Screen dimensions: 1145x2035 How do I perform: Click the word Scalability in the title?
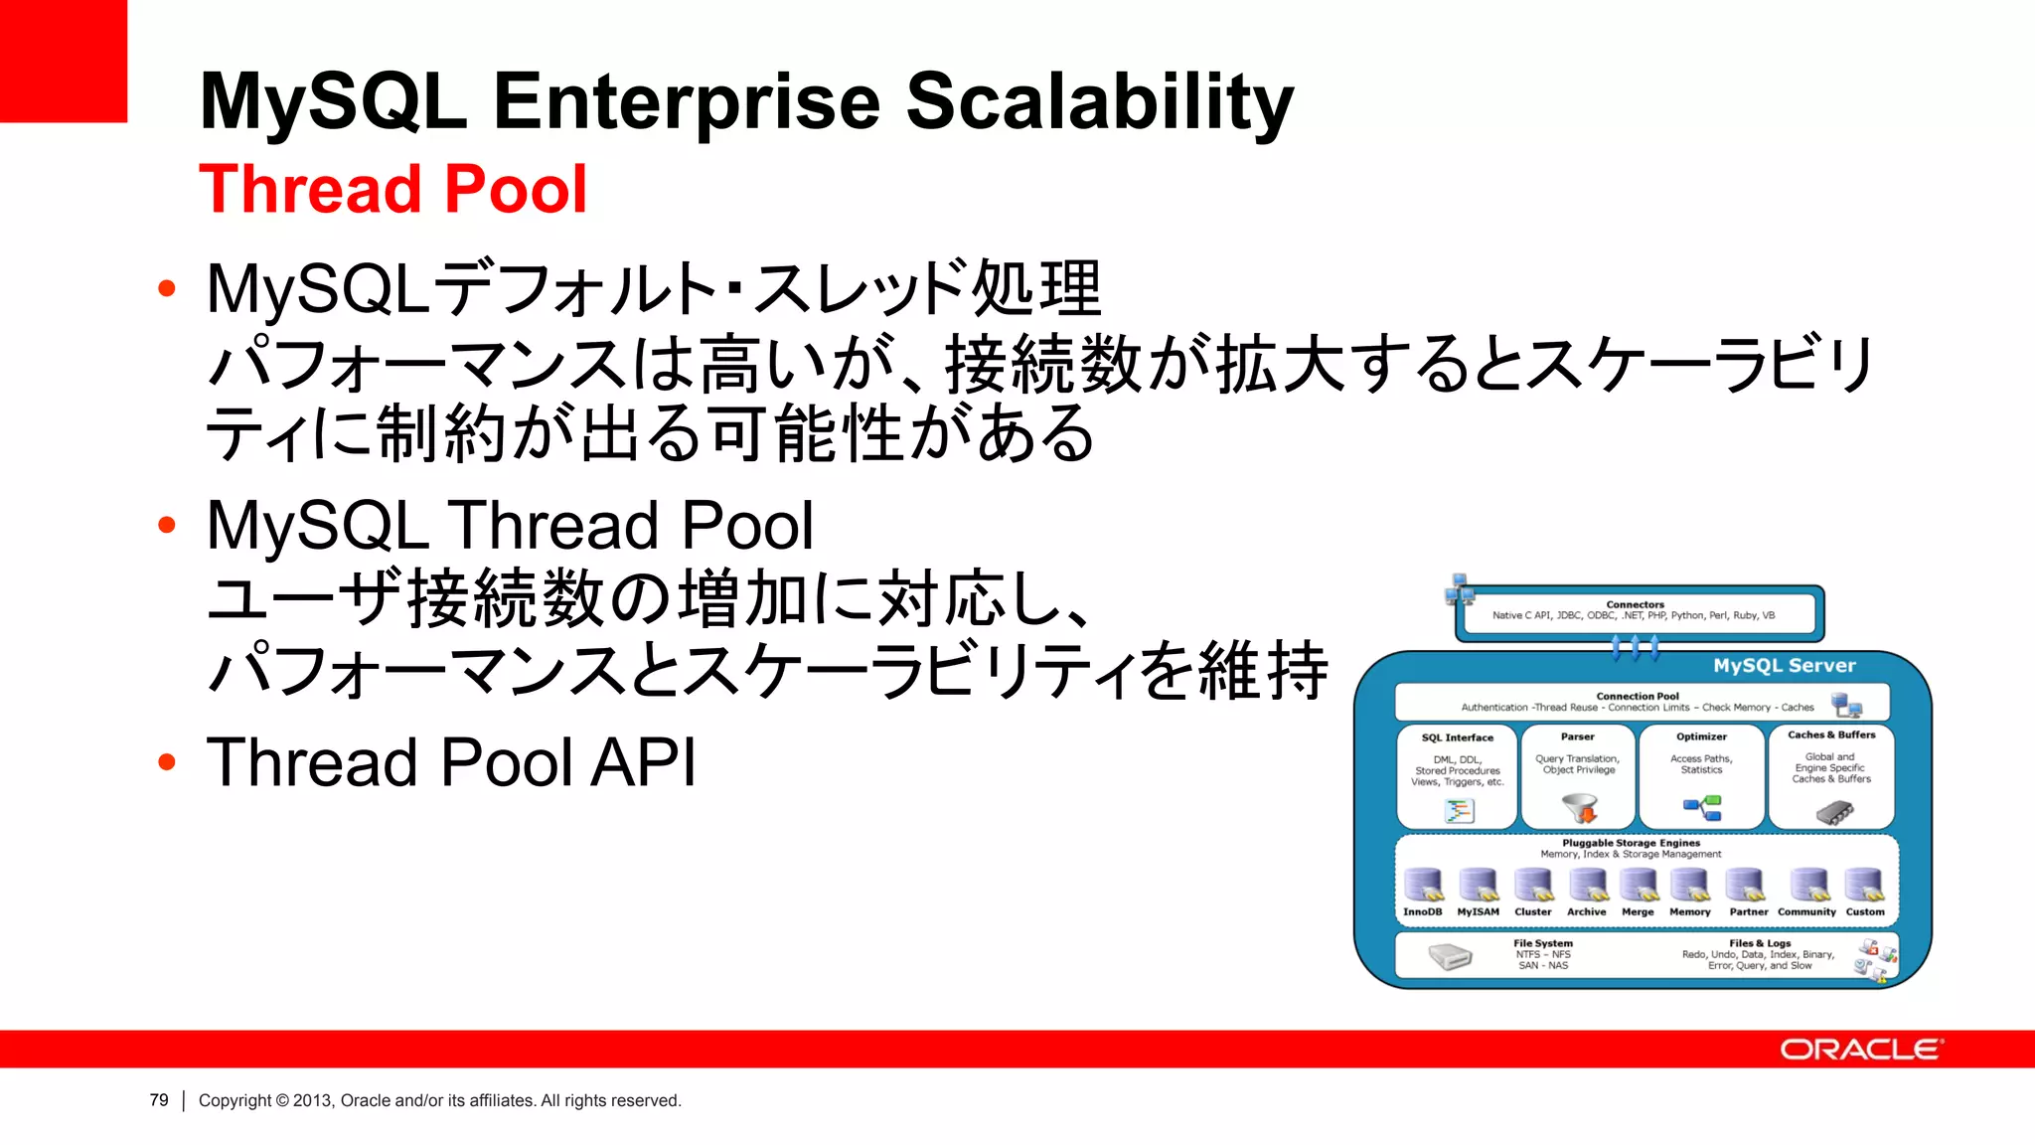(1099, 101)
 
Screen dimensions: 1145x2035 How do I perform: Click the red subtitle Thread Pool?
(392, 189)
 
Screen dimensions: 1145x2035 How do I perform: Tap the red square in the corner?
(63, 60)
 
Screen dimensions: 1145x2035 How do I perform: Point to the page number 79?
(159, 1100)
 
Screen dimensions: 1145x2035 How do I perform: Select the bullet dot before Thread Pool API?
(167, 762)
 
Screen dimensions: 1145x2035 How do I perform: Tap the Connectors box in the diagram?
(1638, 611)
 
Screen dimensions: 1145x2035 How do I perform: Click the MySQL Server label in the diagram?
(1784, 666)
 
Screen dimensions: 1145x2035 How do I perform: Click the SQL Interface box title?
(1457, 737)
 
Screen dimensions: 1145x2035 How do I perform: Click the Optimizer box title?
(1701, 736)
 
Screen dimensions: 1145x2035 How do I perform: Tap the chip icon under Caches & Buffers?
(1833, 813)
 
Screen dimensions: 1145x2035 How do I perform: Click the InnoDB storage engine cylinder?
(1423, 884)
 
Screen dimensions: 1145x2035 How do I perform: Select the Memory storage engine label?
(1689, 911)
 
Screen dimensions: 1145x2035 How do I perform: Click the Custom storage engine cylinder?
(1864, 884)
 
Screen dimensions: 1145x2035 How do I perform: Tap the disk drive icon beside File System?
(1450, 956)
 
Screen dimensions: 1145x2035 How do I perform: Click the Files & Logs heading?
(1760, 943)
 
